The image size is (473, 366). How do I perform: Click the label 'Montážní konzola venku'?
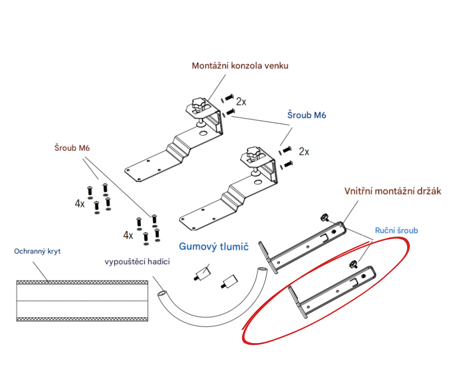click(240, 66)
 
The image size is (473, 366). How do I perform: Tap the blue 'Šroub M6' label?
click(306, 115)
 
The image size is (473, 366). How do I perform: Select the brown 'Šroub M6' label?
click(72, 148)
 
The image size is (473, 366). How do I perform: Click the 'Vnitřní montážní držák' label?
click(393, 191)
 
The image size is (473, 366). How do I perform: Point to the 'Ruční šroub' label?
click(396, 231)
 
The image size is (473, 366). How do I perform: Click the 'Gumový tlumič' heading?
click(214, 246)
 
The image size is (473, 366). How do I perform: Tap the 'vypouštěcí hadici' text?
click(137, 261)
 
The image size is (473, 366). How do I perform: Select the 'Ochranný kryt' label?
click(38, 251)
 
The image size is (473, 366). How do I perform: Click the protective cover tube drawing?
click(82, 301)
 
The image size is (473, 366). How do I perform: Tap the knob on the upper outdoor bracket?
click(196, 105)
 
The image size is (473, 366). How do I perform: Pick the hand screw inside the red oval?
click(353, 264)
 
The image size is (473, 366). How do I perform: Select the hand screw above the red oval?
click(324, 217)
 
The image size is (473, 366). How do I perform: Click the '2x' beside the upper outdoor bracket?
click(241, 102)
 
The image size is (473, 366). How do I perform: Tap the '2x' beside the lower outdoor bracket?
click(304, 151)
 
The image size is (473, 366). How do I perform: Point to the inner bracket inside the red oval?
click(332, 292)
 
